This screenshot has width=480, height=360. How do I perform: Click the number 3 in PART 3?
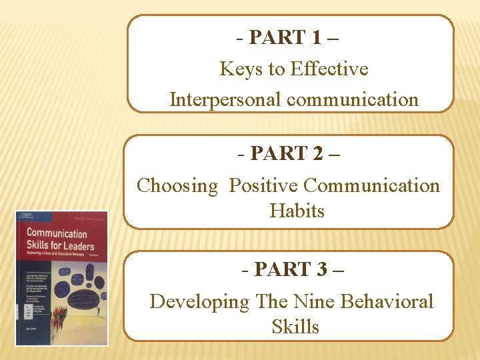(x=322, y=270)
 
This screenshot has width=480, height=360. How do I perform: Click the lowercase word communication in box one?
(x=353, y=99)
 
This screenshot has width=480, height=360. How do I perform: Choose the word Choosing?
(x=177, y=185)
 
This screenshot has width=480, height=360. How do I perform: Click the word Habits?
(x=297, y=211)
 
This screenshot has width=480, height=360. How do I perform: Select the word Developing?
(x=199, y=301)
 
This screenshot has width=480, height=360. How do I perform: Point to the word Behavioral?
(x=387, y=301)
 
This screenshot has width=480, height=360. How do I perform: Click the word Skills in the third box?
(x=295, y=327)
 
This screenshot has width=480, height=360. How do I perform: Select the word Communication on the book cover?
(x=56, y=234)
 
